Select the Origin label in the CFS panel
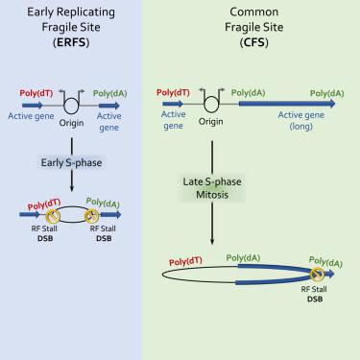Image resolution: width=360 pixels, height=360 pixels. click(210, 122)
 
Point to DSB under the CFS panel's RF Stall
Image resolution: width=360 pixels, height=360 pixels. click(316, 298)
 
